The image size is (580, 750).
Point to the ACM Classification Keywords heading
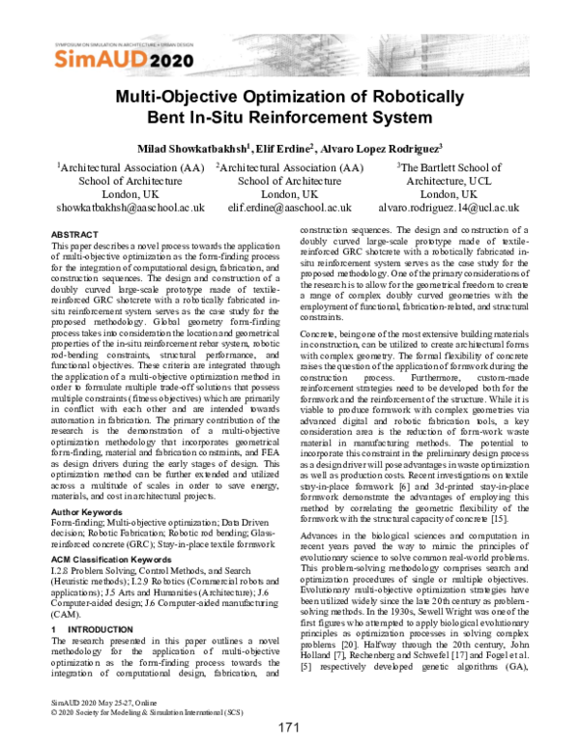tap(114, 560)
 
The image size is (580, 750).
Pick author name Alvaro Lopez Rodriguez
tap(383, 148)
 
